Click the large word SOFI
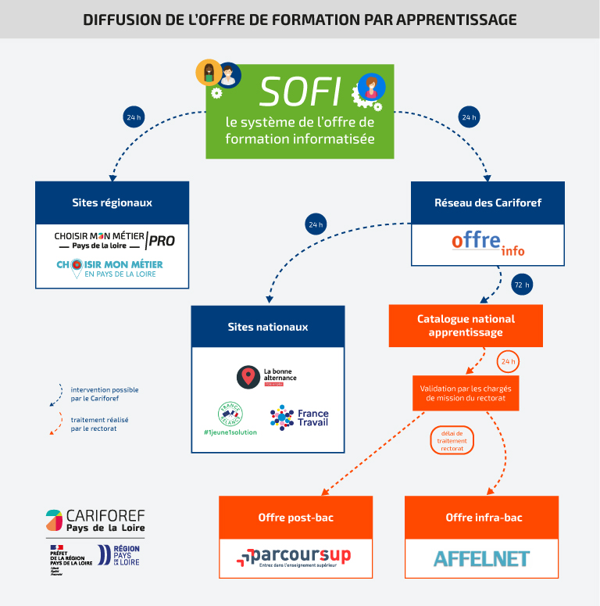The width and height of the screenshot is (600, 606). pyautogui.click(x=300, y=91)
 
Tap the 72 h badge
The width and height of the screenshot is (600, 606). pyautogui.click(x=522, y=285)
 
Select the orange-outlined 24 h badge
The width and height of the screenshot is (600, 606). pyautogui.click(x=509, y=361)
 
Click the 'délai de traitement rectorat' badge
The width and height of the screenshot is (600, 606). pyautogui.click(x=452, y=440)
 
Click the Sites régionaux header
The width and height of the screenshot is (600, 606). pyautogui.click(x=112, y=203)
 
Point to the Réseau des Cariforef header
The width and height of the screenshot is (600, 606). pyautogui.click(x=488, y=203)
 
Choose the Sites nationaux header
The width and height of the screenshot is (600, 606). pyautogui.click(x=268, y=327)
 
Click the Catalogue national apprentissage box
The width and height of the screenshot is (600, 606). pyautogui.click(x=466, y=325)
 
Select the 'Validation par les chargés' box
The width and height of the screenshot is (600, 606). pyautogui.click(x=466, y=393)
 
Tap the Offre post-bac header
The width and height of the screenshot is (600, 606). pyautogui.click(x=295, y=517)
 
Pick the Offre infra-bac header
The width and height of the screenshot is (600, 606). pyautogui.click(x=481, y=517)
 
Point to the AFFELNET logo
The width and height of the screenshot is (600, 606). pyautogui.click(x=481, y=558)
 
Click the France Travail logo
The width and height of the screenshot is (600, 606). pyautogui.click(x=300, y=418)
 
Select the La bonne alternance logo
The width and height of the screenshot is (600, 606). pyautogui.click(x=267, y=377)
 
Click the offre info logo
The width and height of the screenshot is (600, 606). pyautogui.click(x=488, y=243)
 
